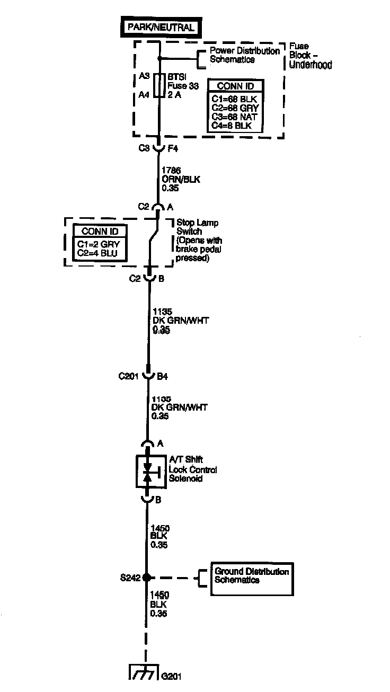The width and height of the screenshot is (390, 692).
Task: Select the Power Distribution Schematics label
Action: point(244,55)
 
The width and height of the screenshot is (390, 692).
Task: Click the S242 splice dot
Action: point(148,578)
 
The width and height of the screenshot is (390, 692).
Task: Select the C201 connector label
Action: point(128,377)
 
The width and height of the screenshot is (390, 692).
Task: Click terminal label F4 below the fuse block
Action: point(172,148)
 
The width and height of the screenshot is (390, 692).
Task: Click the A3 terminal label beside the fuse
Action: point(144,76)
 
